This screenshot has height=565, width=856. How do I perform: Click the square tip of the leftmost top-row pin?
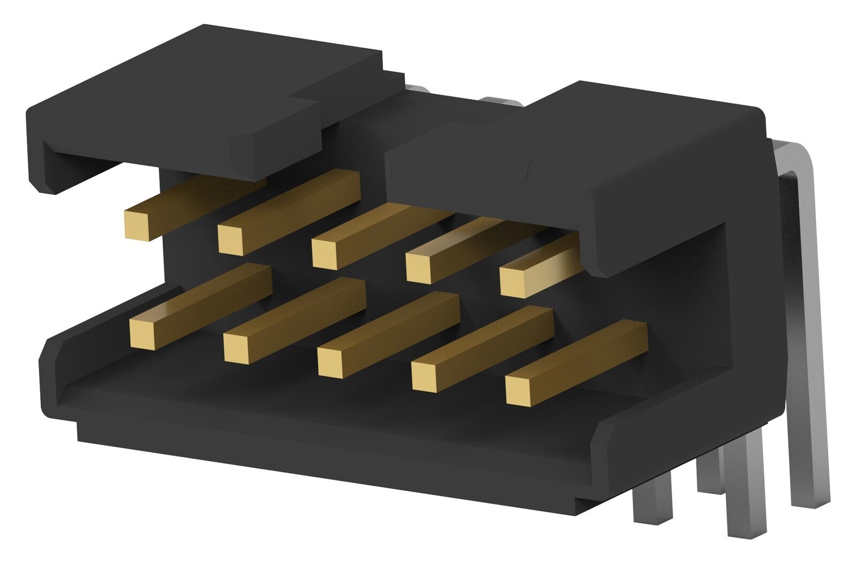pos(136,225)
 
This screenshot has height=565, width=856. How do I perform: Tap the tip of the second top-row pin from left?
pos(231,239)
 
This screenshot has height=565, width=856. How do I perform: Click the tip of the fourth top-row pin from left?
pos(419,268)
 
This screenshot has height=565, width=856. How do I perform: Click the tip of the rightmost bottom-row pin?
pos(518,392)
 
